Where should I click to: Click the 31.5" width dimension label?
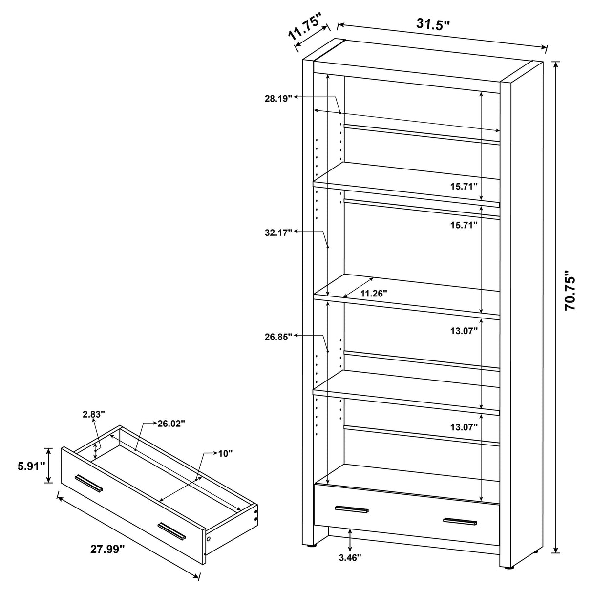pos(432,24)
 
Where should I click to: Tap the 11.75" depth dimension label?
pos(304,28)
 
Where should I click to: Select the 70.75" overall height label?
pos(570,291)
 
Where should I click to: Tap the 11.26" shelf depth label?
pos(374,293)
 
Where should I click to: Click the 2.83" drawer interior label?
pos(94,415)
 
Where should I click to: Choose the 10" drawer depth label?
pos(226,453)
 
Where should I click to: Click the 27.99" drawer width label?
pos(108,549)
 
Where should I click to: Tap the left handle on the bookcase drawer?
pos(352,510)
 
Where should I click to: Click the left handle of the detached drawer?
pos(88,482)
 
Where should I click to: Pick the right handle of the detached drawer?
pos(171,531)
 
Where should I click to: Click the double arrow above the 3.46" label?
pos(350,540)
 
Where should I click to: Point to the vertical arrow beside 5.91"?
pos(48,466)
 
